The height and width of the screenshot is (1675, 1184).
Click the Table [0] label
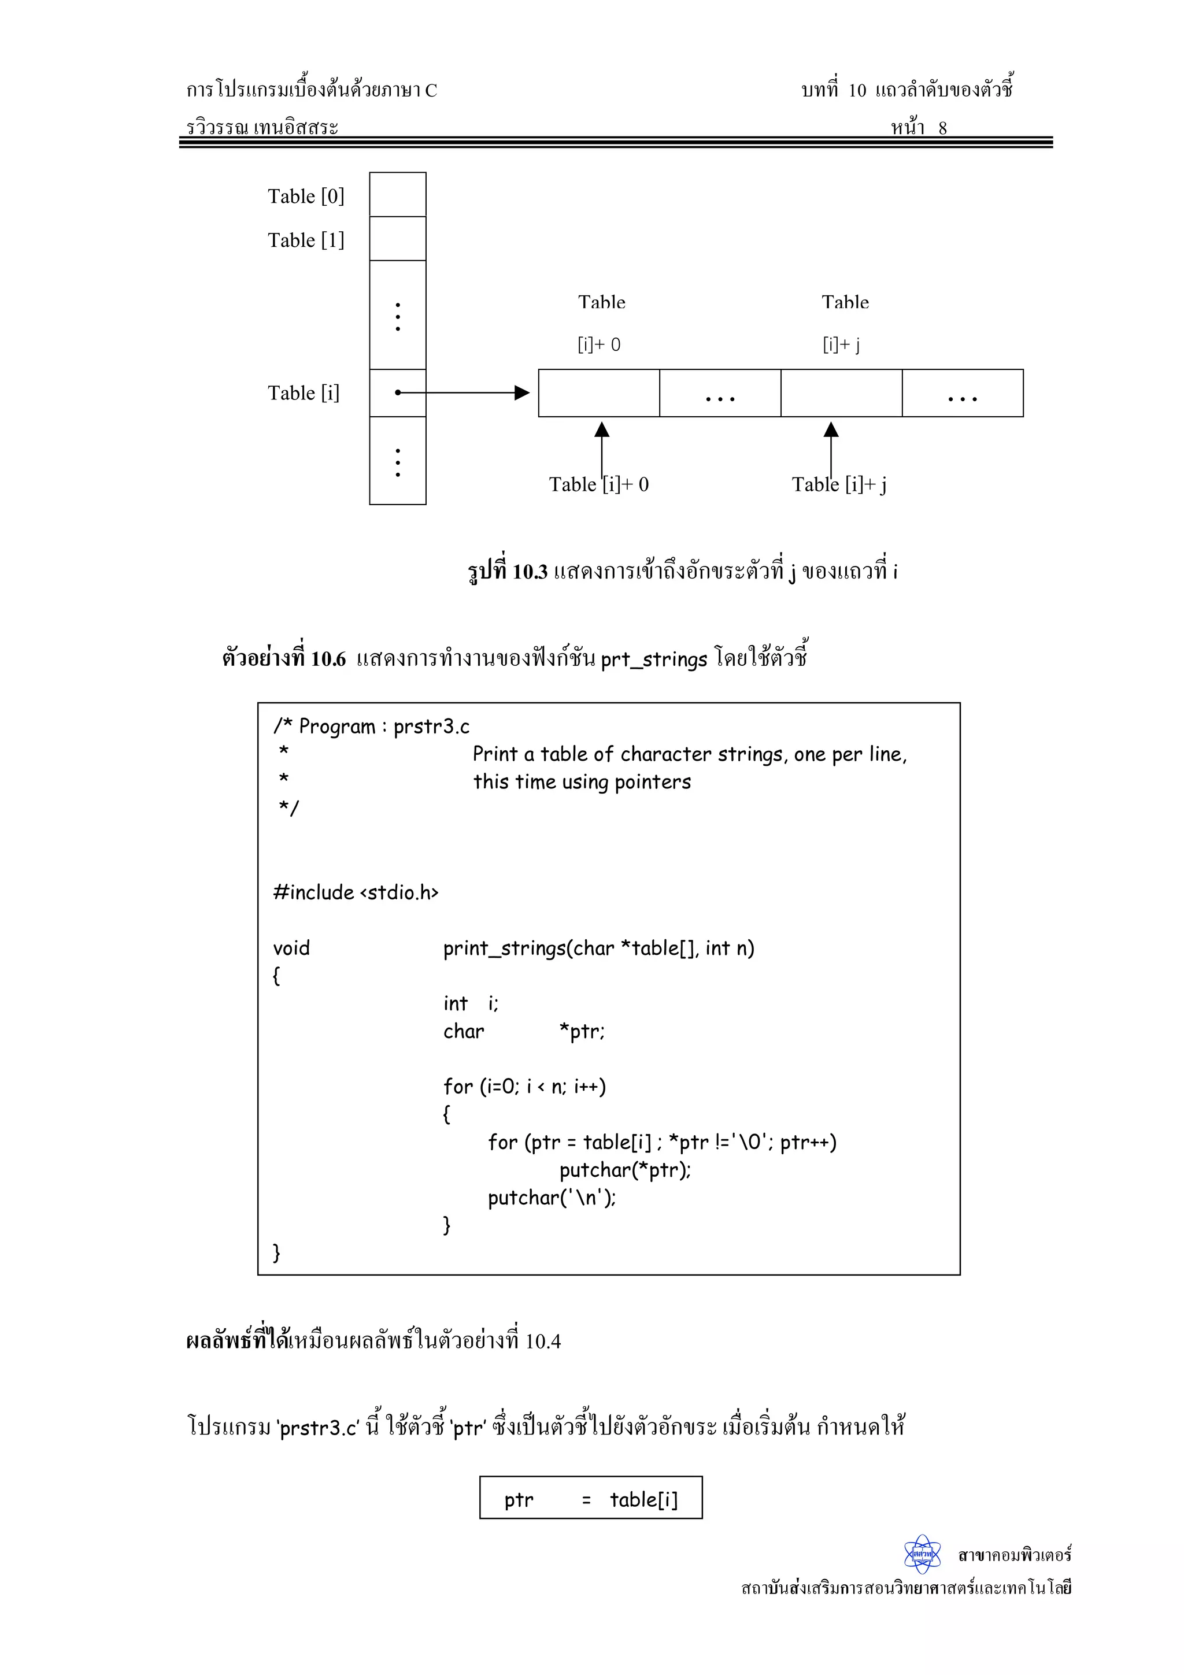pyautogui.click(x=306, y=197)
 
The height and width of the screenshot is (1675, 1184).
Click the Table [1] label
pyautogui.click(x=306, y=240)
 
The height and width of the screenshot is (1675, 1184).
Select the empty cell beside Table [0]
pyautogui.click(x=398, y=195)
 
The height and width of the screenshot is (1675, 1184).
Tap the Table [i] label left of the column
pyautogui.click(x=304, y=393)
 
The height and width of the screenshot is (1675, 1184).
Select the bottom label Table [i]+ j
pyautogui.click(x=839, y=484)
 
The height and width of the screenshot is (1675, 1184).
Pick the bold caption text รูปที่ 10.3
pyautogui.click(x=508, y=571)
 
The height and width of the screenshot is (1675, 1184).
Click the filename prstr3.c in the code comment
pyautogui.click(x=431, y=727)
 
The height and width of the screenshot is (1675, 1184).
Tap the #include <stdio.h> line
pyautogui.click(x=356, y=892)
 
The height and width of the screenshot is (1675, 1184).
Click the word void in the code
pyautogui.click(x=291, y=948)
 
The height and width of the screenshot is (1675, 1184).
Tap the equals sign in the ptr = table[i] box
pyautogui.click(x=586, y=1500)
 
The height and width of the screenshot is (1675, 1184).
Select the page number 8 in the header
pyautogui.click(x=942, y=128)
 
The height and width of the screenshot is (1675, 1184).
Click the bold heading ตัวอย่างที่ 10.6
pyautogui.click(x=284, y=659)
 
